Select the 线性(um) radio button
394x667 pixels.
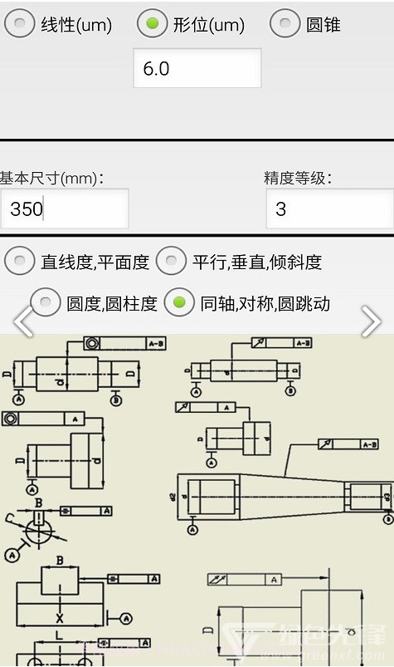[19, 24]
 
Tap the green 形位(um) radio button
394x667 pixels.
[152, 24]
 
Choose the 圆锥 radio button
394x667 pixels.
[285, 24]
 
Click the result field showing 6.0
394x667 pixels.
[197, 68]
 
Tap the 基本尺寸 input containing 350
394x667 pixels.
[64, 208]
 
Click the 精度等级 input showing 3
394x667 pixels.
[329, 208]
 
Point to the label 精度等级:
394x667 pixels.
[298, 178]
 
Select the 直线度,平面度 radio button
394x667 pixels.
[19, 262]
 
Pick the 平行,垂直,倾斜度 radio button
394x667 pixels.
[171, 262]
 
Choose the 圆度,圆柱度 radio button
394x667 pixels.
[45, 303]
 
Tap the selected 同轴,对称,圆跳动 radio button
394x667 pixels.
[179, 303]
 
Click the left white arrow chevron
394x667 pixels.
[22, 321]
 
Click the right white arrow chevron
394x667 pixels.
[371, 321]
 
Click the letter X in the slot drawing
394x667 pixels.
[59, 618]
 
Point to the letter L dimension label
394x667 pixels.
[58, 635]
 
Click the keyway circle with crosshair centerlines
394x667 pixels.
[38, 527]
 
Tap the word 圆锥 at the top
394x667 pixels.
[323, 25]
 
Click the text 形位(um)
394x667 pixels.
[208, 25]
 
